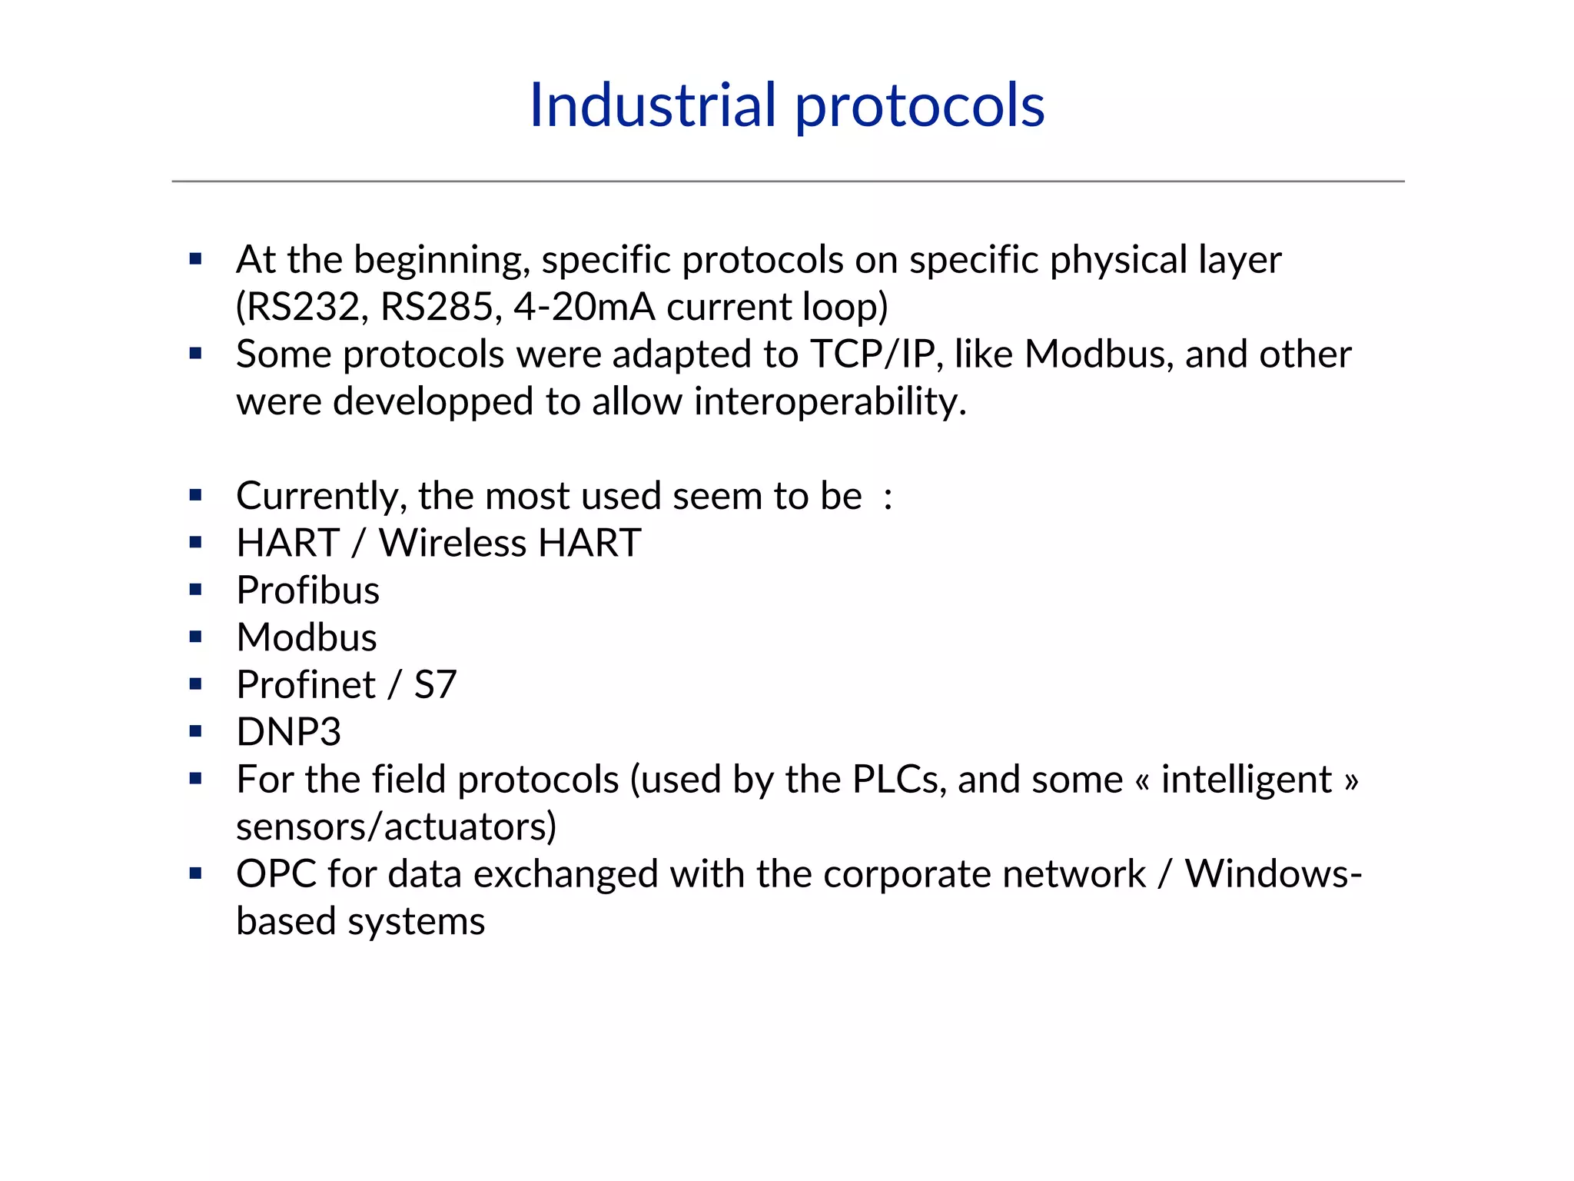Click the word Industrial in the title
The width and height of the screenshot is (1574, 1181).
pyautogui.click(x=653, y=105)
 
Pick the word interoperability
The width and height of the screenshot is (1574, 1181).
pyautogui.click(x=829, y=401)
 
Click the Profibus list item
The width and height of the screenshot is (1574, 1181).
pyautogui.click(x=307, y=590)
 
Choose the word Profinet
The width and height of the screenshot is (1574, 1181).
pyautogui.click(x=306, y=684)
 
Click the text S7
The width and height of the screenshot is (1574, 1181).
pyautogui.click(x=435, y=684)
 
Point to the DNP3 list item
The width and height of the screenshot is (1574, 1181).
pyautogui.click(x=288, y=732)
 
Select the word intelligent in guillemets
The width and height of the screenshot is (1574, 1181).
pyautogui.click(x=1246, y=780)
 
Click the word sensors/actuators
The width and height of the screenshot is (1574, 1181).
pyautogui.click(x=396, y=827)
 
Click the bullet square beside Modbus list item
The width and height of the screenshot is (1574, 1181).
pyautogui.click(x=195, y=637)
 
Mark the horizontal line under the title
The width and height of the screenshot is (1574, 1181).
pyautogui.click(x=787, y=181)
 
